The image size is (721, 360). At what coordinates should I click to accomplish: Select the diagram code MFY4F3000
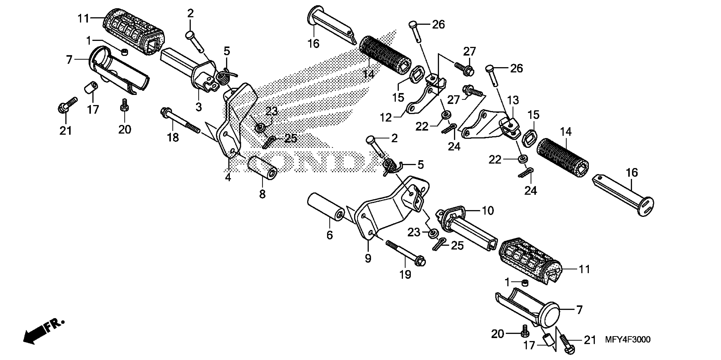pos(628,340)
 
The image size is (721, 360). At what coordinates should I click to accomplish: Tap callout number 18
pos(173,137)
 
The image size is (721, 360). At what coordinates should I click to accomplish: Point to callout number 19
pos(405,274)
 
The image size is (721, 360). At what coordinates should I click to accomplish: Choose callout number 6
pos(330,235)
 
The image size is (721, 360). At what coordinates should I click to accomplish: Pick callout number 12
pos(386,118)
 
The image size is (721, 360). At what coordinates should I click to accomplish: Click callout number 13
pos(513,100)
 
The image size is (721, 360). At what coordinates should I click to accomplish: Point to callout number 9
pos(368,258)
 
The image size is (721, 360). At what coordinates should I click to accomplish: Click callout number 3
pos(199,107)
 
